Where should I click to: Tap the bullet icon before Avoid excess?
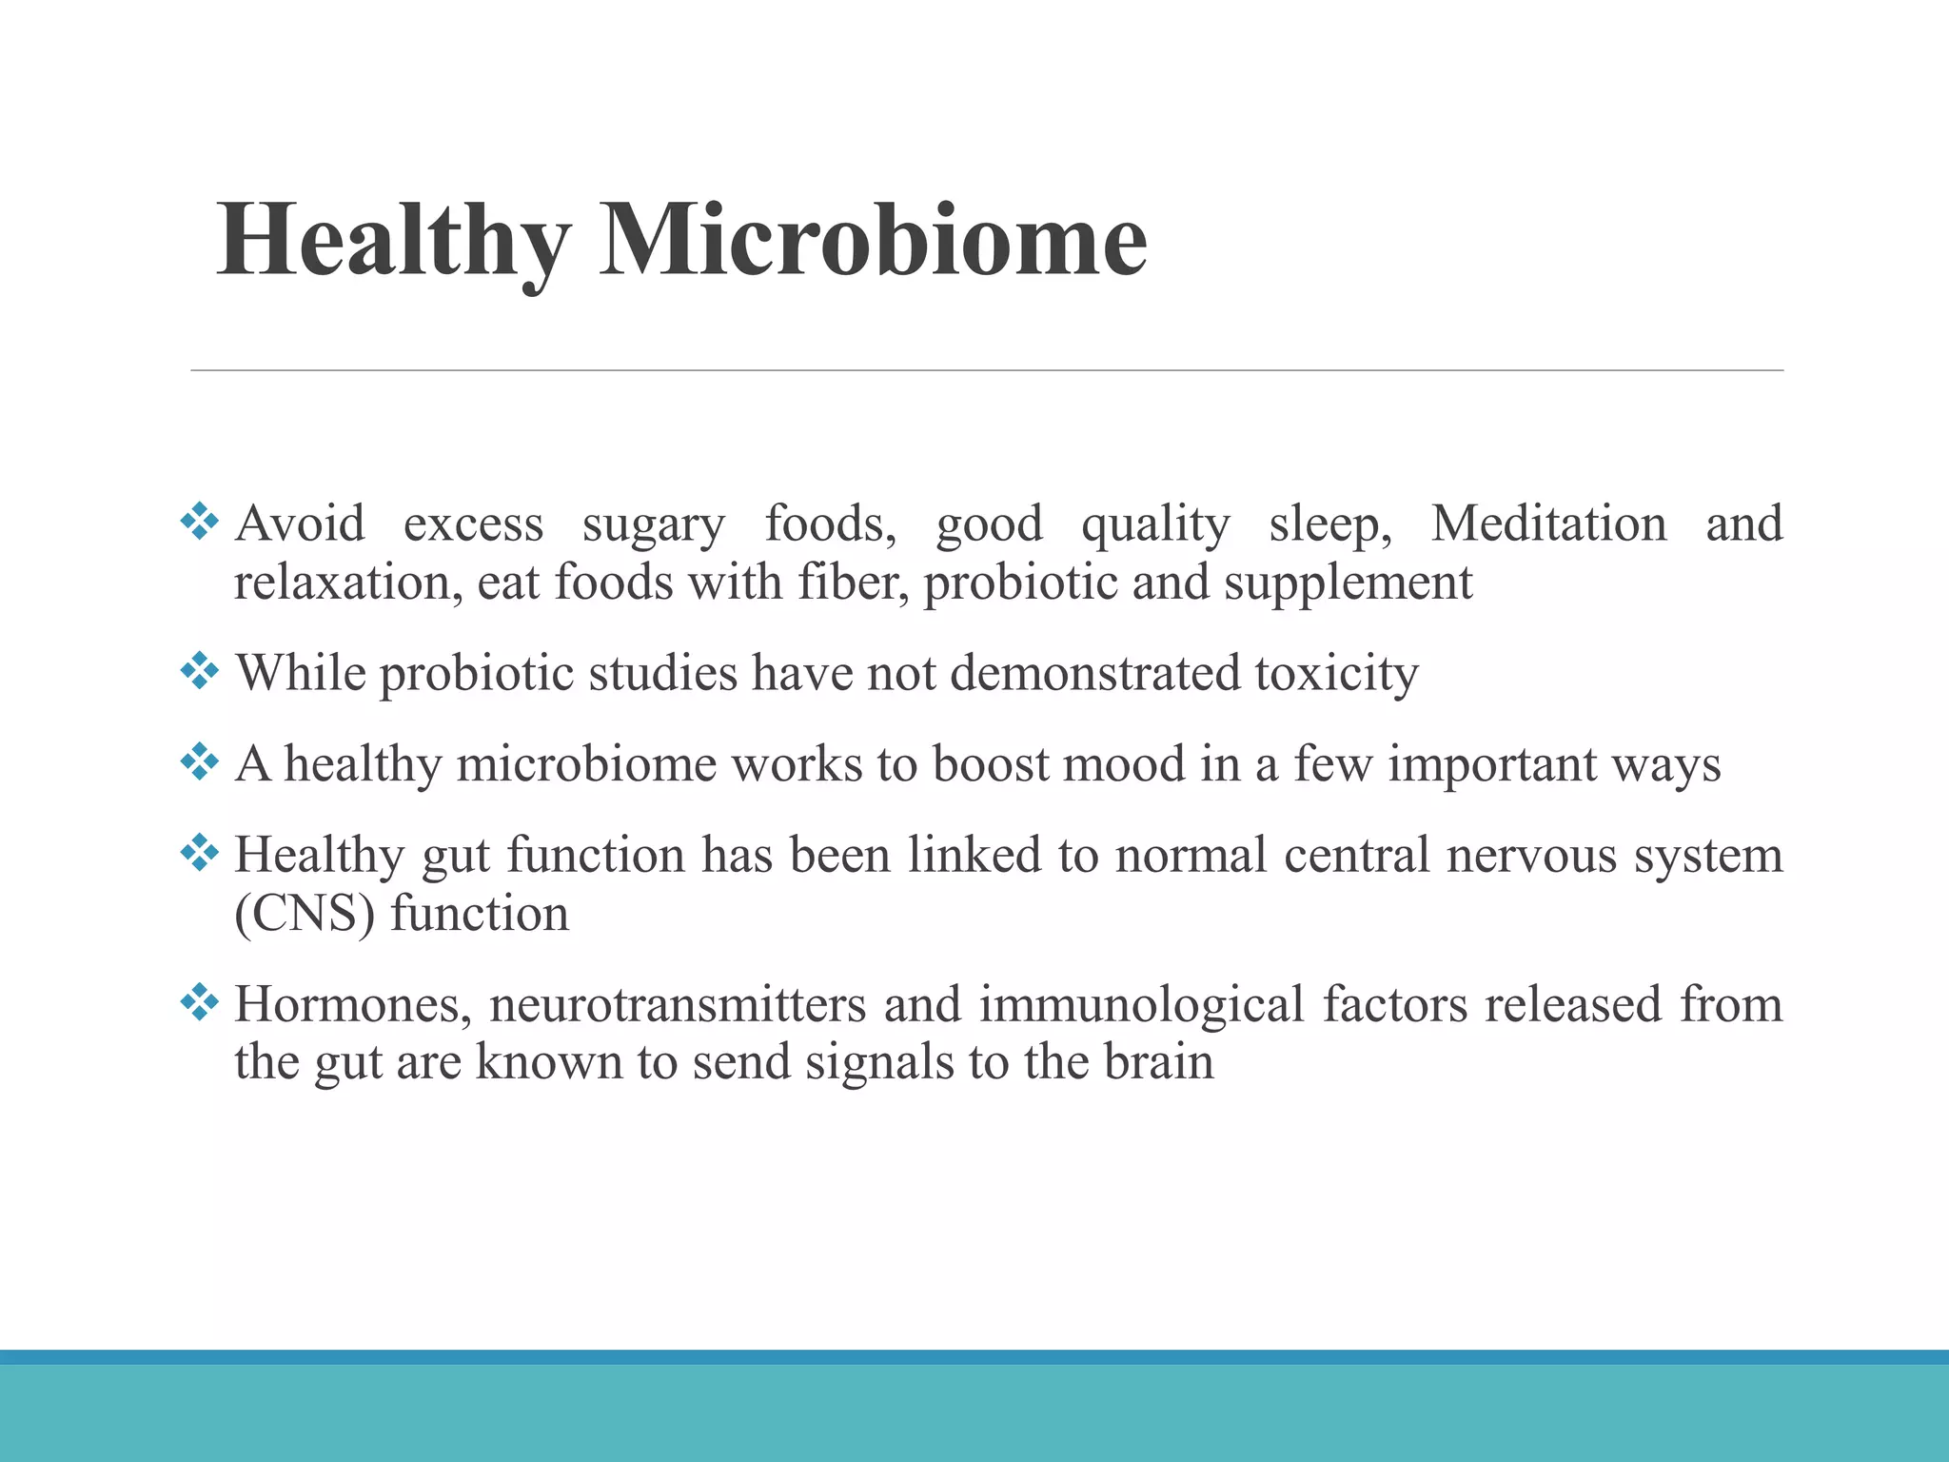(200, 522)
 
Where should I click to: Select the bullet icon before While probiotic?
(200, 671)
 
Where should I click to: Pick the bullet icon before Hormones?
(200, 1002)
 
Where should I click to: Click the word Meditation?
(1548, 524)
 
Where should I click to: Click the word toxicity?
(1336, 673)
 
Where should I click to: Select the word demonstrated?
(1095, 673)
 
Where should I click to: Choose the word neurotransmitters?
(678, 1004)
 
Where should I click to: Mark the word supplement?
(1348, 583)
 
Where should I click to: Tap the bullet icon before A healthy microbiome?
(200, 762)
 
